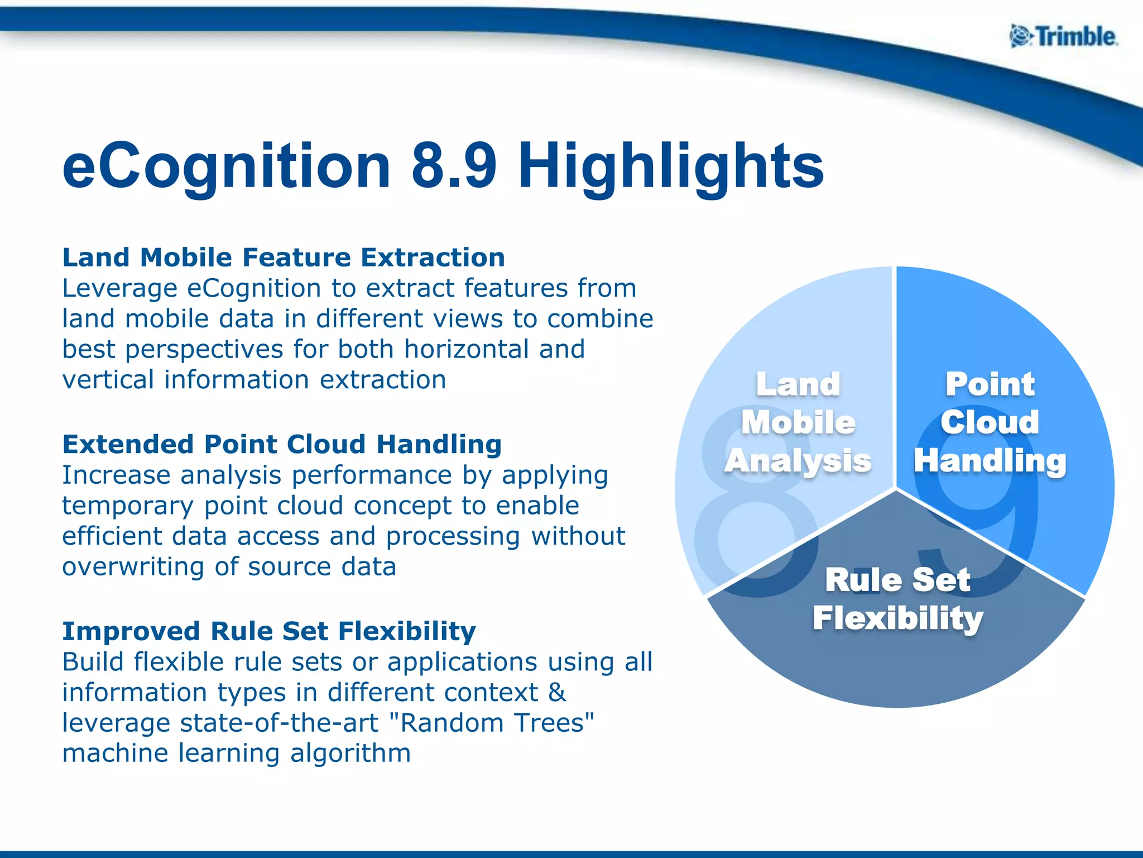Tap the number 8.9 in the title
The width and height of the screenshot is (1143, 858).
pos(453,166)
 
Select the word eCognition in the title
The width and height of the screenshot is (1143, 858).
pos(226,166)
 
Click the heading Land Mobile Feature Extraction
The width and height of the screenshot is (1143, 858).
pos(284,258)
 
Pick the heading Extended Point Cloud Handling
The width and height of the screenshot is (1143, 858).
pos(282,445)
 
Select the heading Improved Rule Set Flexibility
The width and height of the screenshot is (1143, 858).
pos(269,631)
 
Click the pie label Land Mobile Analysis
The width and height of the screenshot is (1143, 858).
pos(798,422)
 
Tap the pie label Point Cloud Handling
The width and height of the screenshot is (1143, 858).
pos(990,422)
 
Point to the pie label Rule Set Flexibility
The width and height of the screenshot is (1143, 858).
pos(897,599)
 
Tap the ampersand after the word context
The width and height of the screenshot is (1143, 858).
pos(556,693)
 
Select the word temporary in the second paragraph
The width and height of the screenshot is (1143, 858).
pos(127,506)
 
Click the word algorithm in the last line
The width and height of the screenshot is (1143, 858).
pos(350,754)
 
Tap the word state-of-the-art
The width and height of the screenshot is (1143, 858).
pos(280,723)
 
